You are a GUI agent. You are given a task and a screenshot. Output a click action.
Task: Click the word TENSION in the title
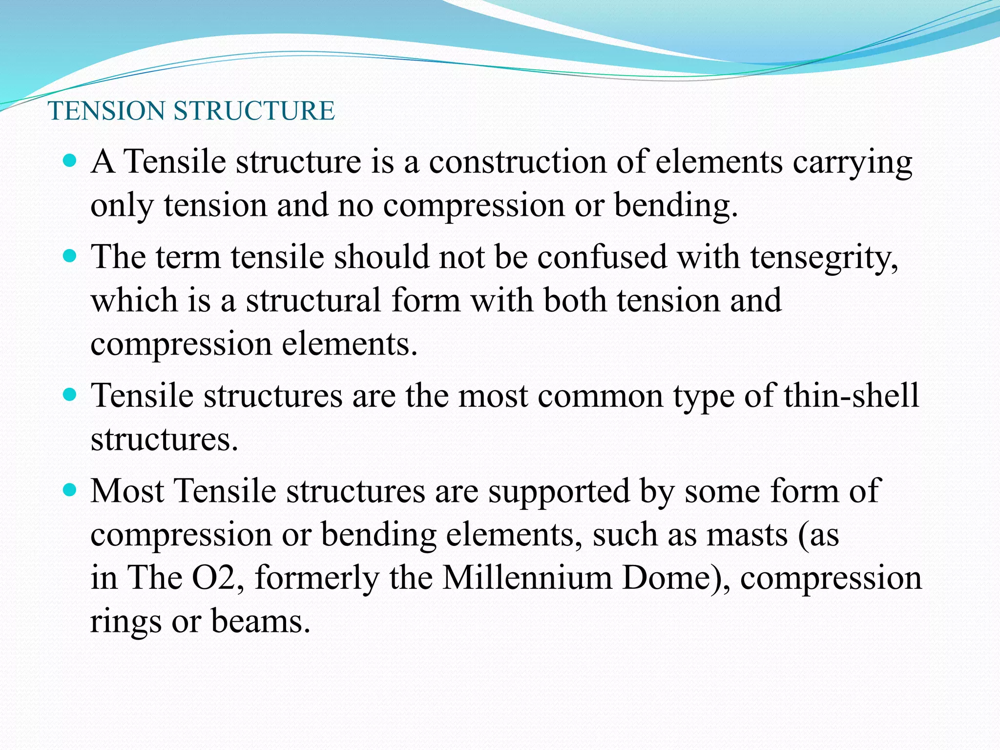pos(106,111)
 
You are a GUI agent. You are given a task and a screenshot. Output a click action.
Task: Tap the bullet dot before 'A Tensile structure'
pos(70,160)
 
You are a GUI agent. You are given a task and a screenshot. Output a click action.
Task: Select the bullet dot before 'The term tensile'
pos(70,255)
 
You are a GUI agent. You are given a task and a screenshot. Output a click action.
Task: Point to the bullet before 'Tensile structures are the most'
pos(70,394)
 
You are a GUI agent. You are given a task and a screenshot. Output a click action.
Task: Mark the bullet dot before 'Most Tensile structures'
pos(70,489)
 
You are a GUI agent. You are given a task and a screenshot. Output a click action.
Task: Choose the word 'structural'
pos(313,300)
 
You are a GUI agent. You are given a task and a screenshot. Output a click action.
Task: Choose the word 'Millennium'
pos(527,578)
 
